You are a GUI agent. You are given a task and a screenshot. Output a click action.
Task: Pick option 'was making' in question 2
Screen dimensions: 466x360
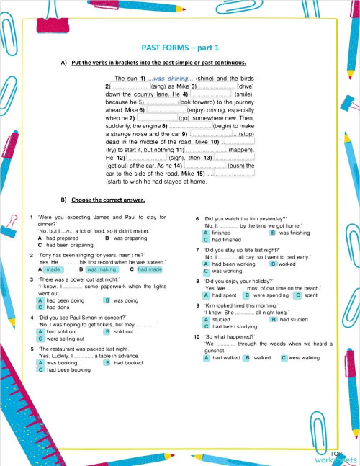coord(102,269)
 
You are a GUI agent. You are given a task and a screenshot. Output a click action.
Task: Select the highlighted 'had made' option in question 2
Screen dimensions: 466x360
coord(149,269)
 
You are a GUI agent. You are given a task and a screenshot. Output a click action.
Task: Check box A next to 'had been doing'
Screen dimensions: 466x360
coord(40,300)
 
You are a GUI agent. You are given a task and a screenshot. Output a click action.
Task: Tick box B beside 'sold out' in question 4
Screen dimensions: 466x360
coord(107,331)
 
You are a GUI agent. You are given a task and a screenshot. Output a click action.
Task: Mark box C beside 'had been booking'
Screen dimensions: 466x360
coord(40,369)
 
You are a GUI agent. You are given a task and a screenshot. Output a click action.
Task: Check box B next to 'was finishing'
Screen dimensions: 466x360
coord(272,233)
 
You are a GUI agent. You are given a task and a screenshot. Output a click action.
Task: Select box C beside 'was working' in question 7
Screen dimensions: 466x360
coord(206,271)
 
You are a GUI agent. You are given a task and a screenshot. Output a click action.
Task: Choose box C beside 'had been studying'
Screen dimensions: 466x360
coord(206,326)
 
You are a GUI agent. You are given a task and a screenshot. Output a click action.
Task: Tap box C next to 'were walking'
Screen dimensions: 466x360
coord(283,357)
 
